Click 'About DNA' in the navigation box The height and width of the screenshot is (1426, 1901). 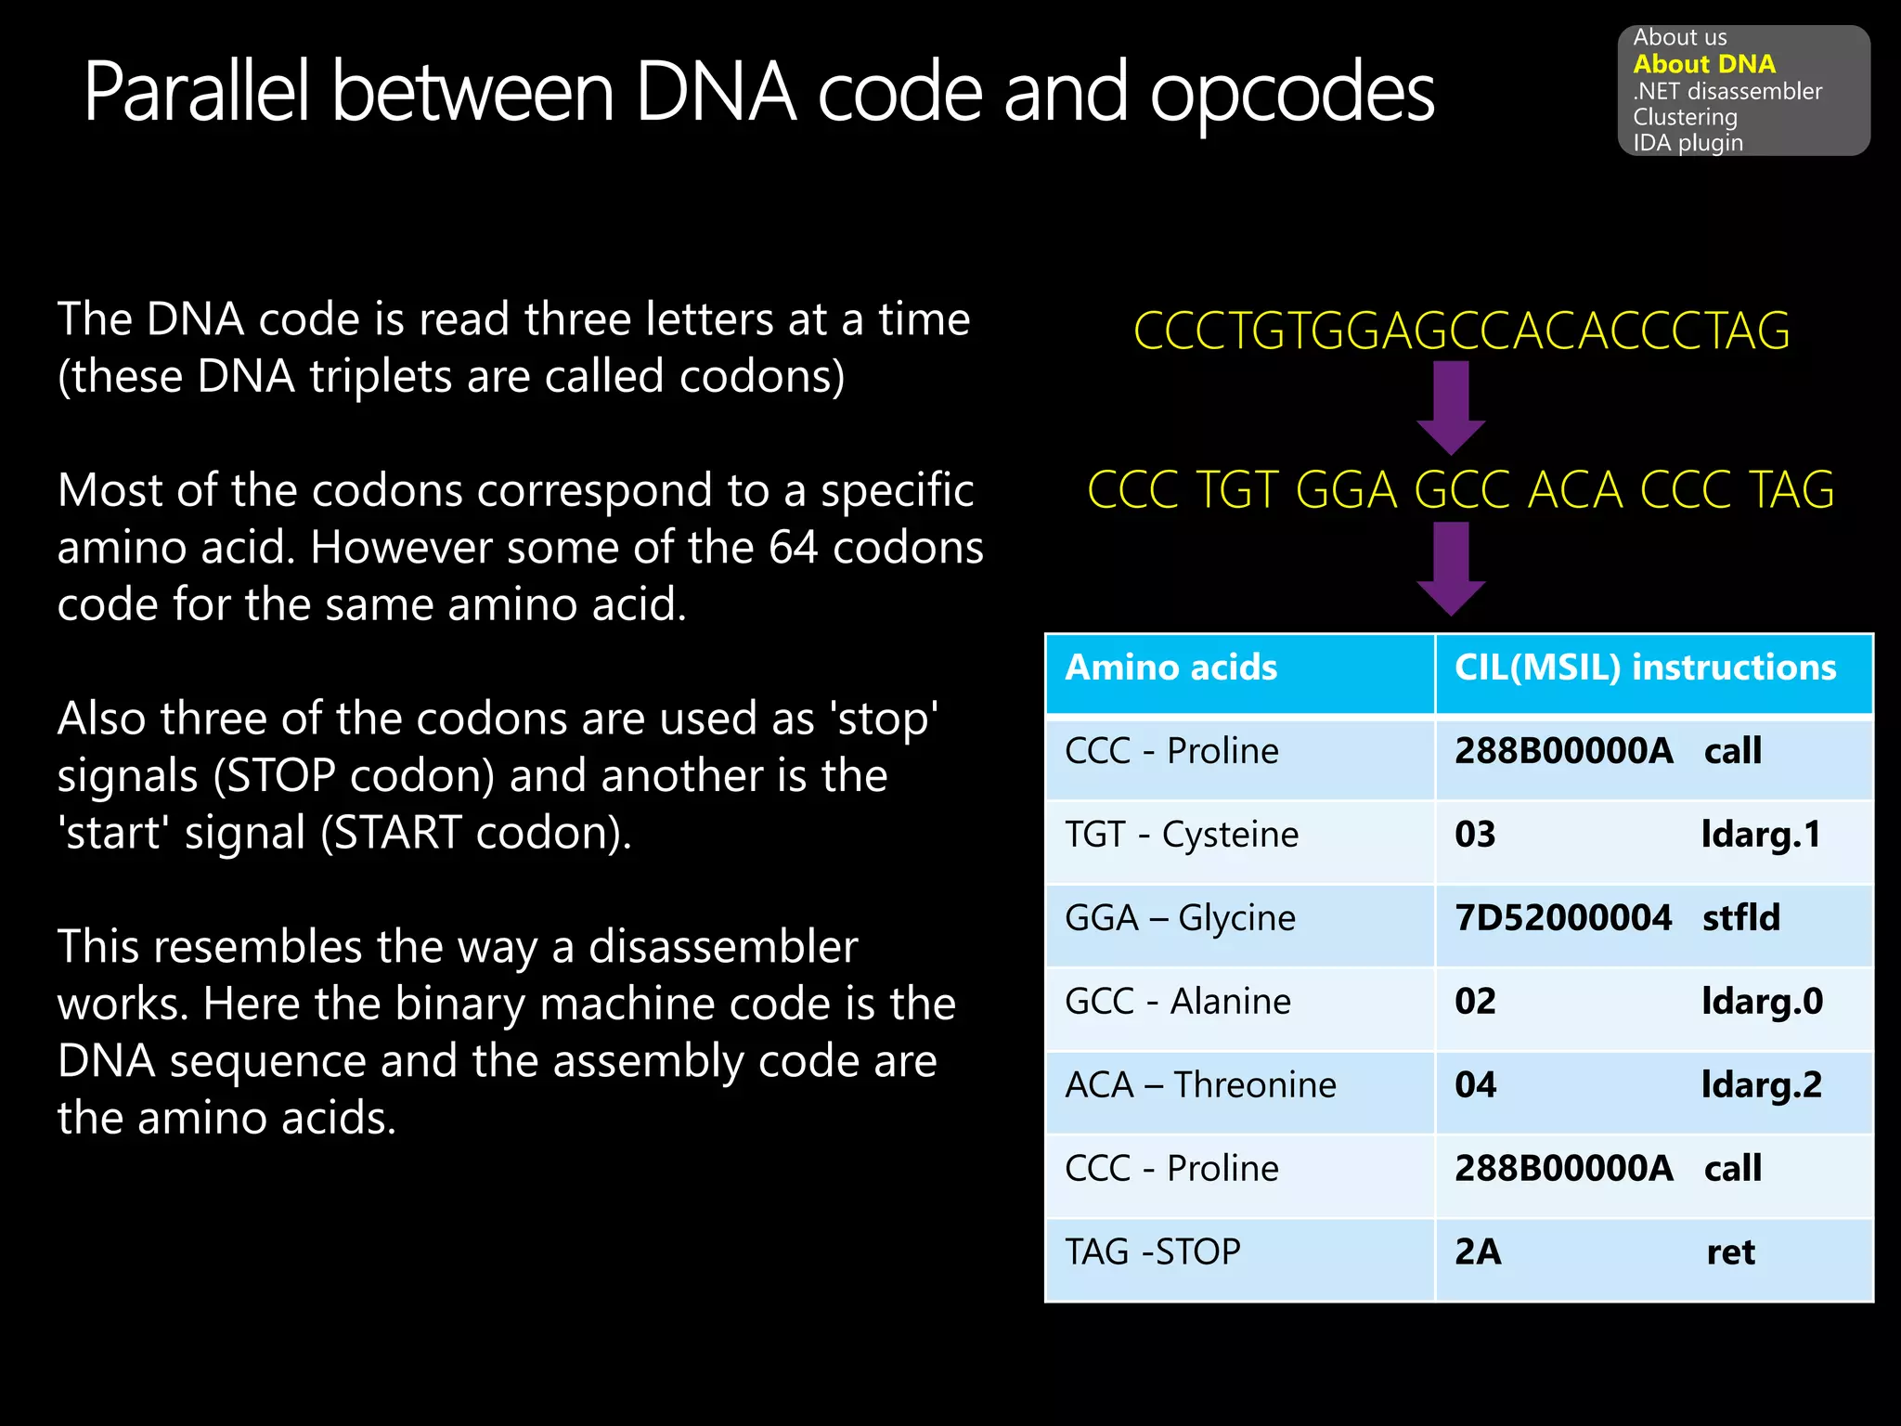pos(1703,64)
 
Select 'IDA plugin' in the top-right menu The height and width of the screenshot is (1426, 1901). pos(1688,143)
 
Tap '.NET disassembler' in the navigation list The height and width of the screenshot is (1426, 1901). pos(1726,91)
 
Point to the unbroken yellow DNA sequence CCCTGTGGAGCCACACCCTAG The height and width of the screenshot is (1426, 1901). pos(1461,331)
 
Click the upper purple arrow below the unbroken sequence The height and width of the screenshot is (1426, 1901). pos(1451,406)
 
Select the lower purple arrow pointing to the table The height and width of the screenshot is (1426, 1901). pos(1451,567)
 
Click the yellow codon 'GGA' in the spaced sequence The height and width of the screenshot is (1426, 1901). pos(1346,490)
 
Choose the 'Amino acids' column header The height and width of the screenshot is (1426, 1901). pos(1170,668)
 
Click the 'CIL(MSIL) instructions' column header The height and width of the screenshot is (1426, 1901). pos(1645,668)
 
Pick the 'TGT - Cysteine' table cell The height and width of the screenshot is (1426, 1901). pos(1181,835)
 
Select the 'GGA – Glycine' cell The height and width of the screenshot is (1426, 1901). pos(1180,918)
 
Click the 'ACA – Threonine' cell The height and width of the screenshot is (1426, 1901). pos(1200,1085)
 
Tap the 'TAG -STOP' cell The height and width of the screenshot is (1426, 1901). pos(1152,1252)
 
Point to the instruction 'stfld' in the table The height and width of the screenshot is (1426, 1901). pos(1740,918)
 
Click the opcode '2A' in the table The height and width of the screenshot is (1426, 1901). pos(1477,1252)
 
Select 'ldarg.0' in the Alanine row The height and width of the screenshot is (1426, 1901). pos(1762,1002)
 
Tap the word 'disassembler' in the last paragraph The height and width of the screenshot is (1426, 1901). pos(723,947)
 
